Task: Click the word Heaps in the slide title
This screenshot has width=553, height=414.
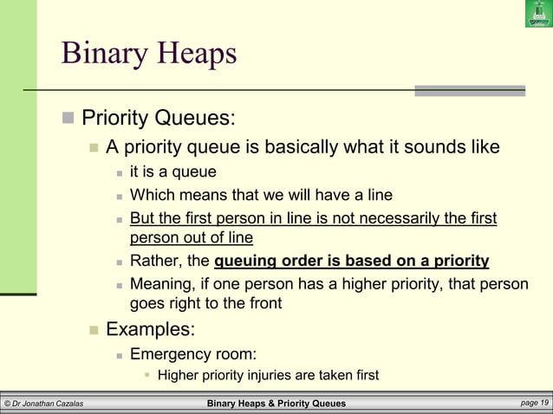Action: (x=193, y=54)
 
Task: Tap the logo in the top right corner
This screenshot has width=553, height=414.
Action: (x=538, y=14)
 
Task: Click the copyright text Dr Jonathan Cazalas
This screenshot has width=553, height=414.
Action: (x=43, y=404)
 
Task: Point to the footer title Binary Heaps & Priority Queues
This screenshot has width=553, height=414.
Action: (x=276, y=404)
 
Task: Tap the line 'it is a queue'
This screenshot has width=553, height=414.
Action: (x=172, y=172)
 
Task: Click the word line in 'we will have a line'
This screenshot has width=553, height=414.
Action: (x=375, y=195)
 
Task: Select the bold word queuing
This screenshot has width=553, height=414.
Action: (x=245, y=261)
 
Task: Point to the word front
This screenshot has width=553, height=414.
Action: (x=262, y=304)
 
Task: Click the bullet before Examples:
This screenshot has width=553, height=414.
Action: (x=94, y=330)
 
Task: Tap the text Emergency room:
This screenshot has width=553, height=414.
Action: (x=192, y=353)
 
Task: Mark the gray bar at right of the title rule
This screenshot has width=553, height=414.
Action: (x=469, y=90)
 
